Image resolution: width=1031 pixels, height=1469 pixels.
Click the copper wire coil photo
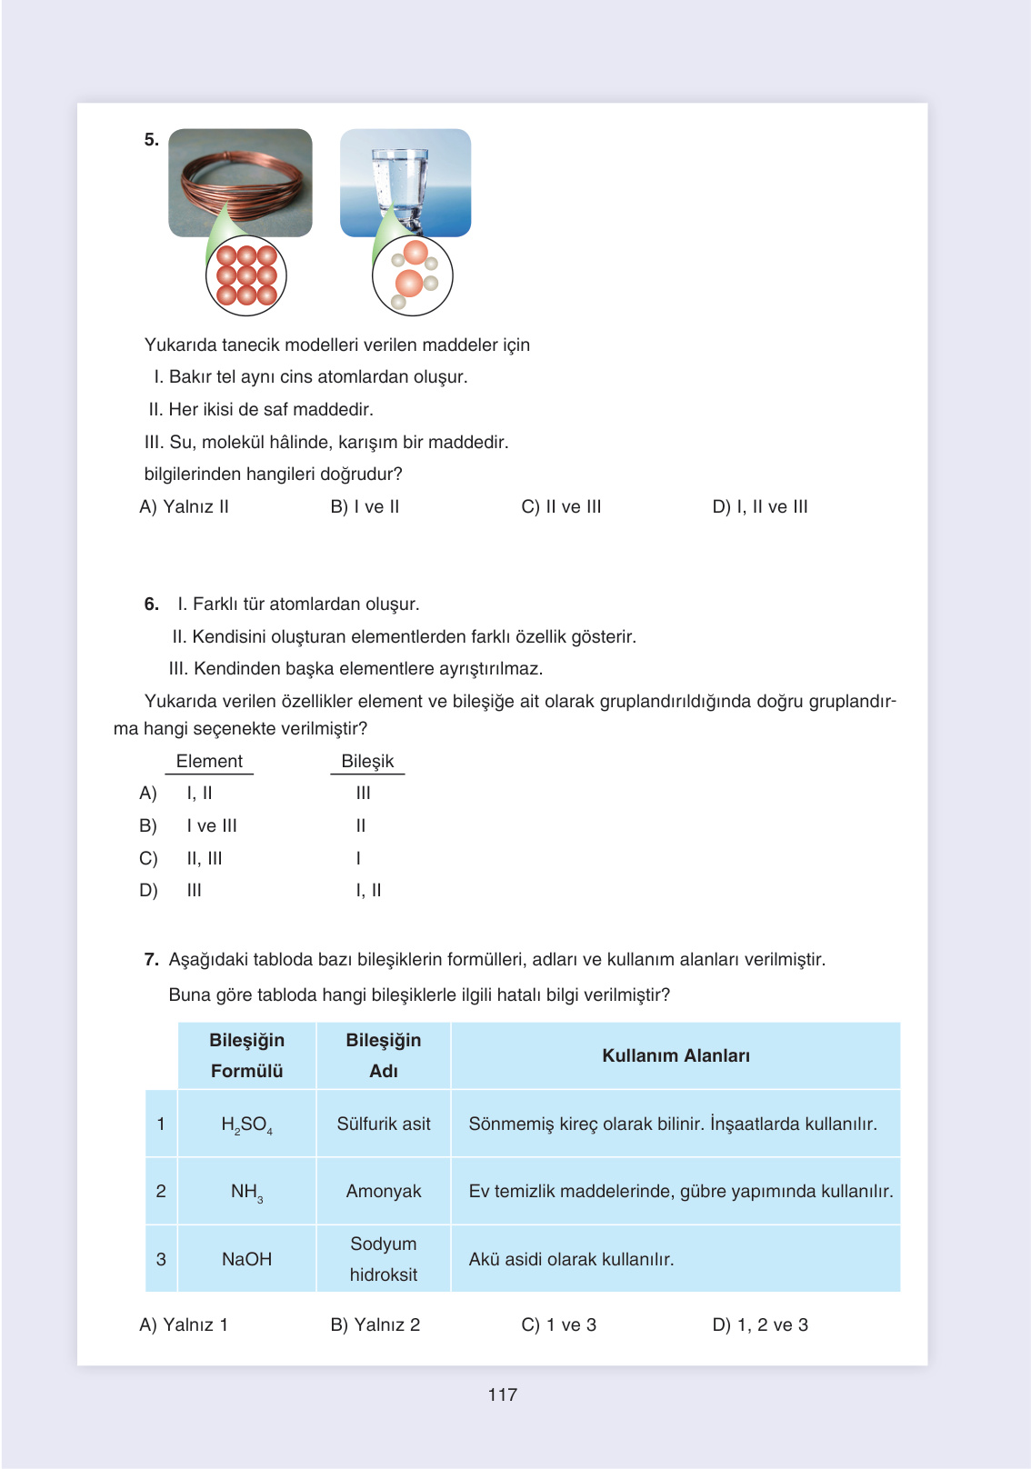pos(240,182)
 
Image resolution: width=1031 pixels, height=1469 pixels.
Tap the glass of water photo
pos(405,182)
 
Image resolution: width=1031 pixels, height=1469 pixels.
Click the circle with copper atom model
pos(246,276)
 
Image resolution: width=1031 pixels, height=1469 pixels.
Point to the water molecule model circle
pos(412,276)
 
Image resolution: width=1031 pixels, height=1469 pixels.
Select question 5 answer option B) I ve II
pos(365,506)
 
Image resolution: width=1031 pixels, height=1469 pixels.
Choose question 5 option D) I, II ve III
pos(760,506)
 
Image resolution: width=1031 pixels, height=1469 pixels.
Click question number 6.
pos(151,604)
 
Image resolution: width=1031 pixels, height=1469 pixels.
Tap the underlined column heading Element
pos(209,761)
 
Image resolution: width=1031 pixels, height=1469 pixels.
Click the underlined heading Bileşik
pos(367,761)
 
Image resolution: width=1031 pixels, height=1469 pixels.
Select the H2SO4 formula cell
pos(246,1124)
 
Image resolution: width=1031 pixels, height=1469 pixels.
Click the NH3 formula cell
pos(246,1192)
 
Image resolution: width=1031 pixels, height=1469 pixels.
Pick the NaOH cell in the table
pos(246,1259)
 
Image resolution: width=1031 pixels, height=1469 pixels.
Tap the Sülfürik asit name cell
pos(384,1124)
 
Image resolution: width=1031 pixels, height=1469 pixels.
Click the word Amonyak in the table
pos(384,1191)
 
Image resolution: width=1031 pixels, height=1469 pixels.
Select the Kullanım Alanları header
pos(676,1055)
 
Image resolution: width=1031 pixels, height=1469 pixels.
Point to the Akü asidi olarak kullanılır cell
pos(571,1259)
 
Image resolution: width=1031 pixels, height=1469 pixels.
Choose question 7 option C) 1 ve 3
pos(558,1324)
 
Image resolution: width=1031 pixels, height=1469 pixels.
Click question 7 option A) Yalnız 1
pos(184,1324)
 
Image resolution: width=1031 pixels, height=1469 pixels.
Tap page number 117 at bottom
pos(502,1394)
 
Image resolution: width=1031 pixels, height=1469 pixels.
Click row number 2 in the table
pos(161,1191)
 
